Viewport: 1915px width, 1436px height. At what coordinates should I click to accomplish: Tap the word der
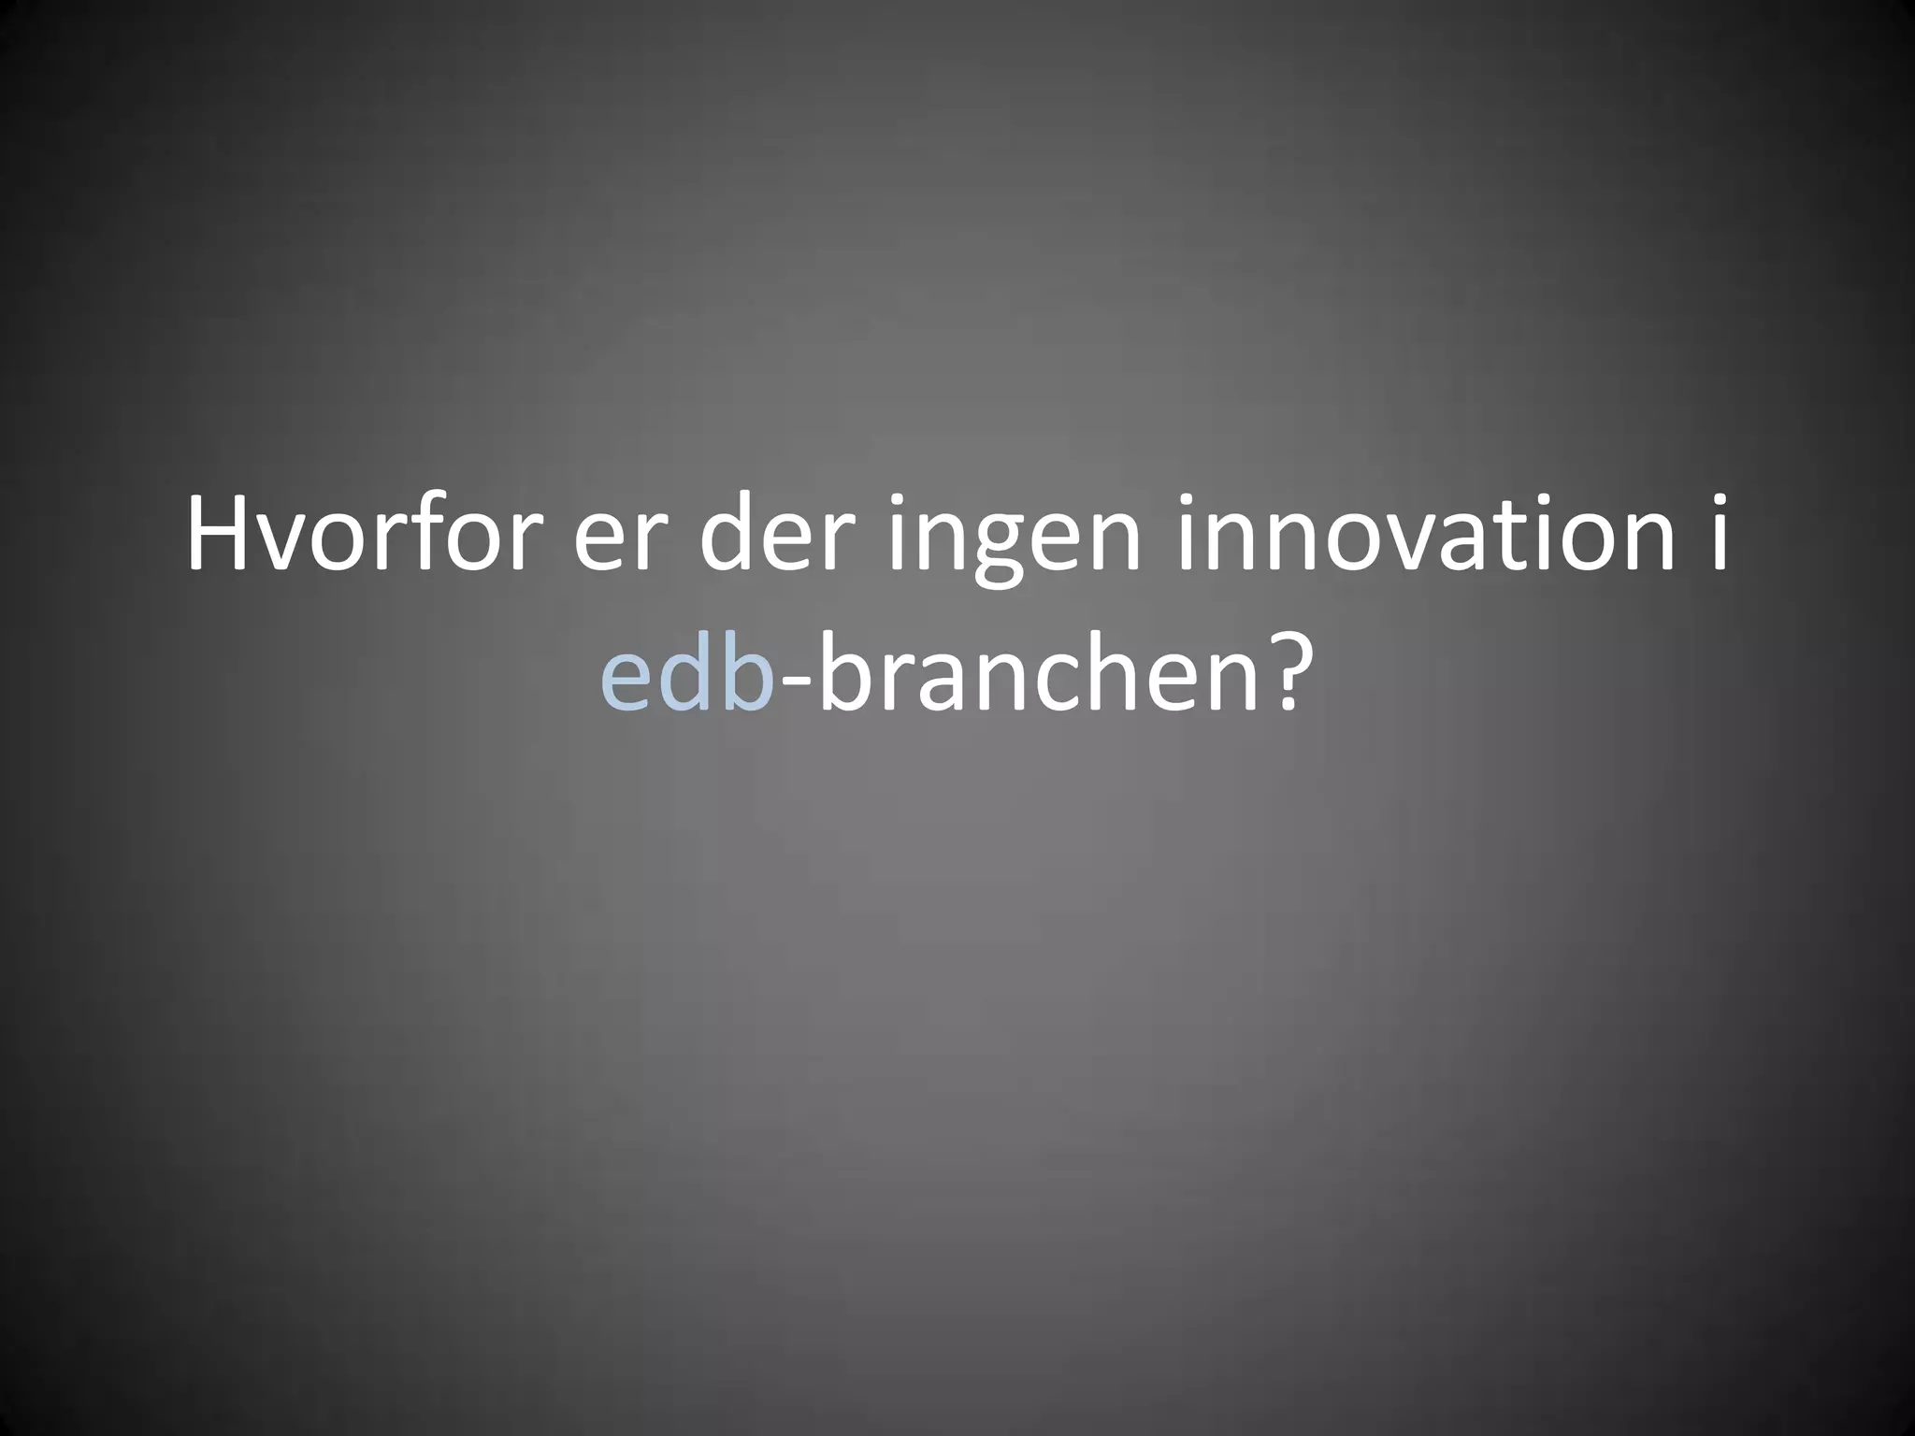[x=784, y=537]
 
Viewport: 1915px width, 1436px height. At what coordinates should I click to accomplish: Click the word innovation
[x=1422, y=537]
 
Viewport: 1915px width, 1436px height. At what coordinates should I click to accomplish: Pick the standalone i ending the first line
[x=1718, y=537]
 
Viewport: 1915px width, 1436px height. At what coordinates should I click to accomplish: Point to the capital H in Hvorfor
[x=221, y=537]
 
